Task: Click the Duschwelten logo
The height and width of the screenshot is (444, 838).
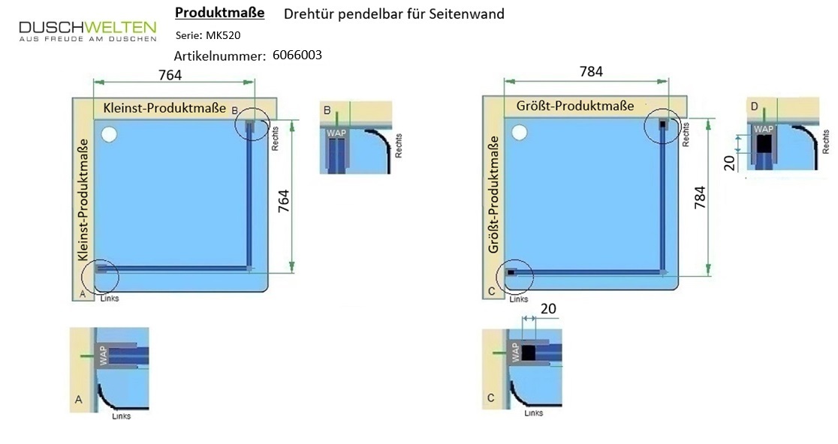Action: [x=88, y=31]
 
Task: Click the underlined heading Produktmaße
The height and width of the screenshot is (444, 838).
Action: [x=220, y=13]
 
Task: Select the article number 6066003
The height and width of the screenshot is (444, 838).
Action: [x=297, y=55]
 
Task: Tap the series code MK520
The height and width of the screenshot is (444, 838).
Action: [x=223, y=35]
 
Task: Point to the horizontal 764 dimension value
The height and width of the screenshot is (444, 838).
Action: [x=170, y=75]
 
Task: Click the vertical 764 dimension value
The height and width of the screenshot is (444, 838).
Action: [x=283, y=201]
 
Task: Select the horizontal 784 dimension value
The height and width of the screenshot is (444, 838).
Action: [x=591, y=71]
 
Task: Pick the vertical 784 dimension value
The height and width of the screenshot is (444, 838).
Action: [x=700, y=197]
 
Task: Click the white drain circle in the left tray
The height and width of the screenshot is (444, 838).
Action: [x=109, y=134]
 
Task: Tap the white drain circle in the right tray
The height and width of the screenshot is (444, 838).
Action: [x=519, y=132]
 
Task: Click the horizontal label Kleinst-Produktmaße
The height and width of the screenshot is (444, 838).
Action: [x=164, y=108]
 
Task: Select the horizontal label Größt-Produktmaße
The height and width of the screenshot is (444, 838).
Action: [x=575, y=106]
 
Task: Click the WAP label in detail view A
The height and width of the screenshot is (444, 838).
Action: [x=103, y=355]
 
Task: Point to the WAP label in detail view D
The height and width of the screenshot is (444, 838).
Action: [x=763, y=129]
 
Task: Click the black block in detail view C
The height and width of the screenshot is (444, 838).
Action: [x=529, y=353]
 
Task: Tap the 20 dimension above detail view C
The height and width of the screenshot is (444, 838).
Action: [x=548, y=309]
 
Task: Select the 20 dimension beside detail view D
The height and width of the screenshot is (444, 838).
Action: [x=730, y=162]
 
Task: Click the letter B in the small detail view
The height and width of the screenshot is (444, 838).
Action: [x=327, y=110]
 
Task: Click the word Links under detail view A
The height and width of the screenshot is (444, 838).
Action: [x=122, y=416]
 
